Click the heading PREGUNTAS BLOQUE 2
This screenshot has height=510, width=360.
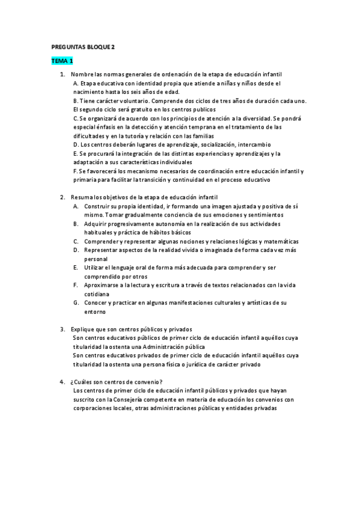pos(84,46)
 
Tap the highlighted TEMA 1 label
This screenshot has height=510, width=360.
pos(62,61)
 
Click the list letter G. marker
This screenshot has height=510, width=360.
pos(76,303)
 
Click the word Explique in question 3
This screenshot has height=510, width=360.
pos(84,329)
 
